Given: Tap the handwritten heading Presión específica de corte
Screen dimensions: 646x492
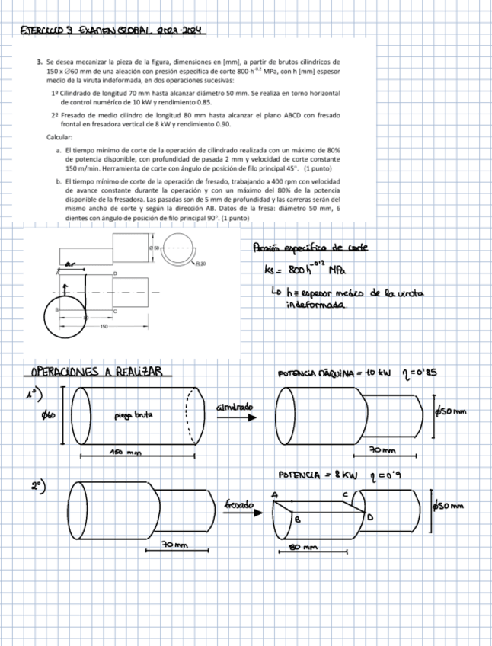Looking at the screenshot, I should point(308,248).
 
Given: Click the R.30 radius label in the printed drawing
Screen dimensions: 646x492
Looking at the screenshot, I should point(200,263).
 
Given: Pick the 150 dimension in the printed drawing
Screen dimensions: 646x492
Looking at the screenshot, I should point(103,325).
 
